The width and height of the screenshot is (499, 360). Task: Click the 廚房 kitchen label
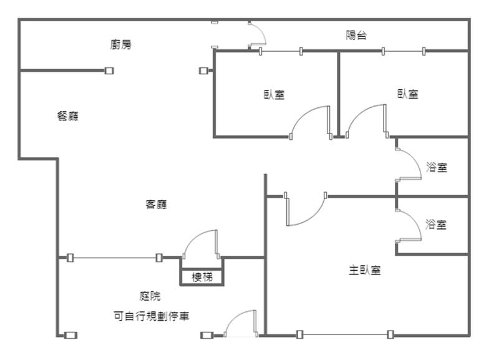coord(121,44)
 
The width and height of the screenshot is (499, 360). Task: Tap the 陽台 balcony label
coord(356,36)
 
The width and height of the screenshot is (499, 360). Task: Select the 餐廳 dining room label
coord(68,116)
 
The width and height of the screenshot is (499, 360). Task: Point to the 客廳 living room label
coord(156,204)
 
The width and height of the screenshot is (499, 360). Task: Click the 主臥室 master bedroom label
coord(365,271)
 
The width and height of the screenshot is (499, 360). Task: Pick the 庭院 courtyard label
coord(150,296)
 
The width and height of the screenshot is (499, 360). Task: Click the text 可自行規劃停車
coord(152,316)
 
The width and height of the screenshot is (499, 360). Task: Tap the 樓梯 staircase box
coord(201,277)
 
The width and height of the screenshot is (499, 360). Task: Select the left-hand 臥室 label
coord(274,95)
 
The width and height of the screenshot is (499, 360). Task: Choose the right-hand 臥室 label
coord(408,94)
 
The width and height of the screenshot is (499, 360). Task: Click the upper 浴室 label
coord(437,167)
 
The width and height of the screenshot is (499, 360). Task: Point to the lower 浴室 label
coord(436,225)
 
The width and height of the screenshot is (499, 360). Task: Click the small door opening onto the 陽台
coord(256,35)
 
